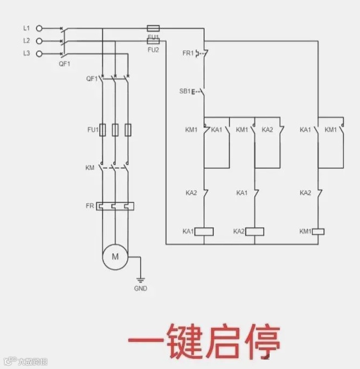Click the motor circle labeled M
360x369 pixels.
click(x=115, y=257)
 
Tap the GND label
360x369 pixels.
click(x=140, y=288)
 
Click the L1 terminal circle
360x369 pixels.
click(x=39, y=28)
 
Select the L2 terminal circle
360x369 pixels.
click(x=39, y=41)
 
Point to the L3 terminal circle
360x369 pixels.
click(x=39, y=53)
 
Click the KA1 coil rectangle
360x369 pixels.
click(x=204, y=232)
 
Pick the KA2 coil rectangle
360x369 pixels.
click(x=255, y=232)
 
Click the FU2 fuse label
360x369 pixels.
click(x=153, y=49)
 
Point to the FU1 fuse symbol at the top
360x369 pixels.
click(x=153, y=27)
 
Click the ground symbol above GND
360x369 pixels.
click(x=140, y=280)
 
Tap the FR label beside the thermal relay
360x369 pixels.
click(x=90, y=206)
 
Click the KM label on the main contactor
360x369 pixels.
click(x=90, y=168)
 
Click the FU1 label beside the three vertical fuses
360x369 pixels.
click(x=92, y=130)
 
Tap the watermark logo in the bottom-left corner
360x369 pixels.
click(x=9, y=361)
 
